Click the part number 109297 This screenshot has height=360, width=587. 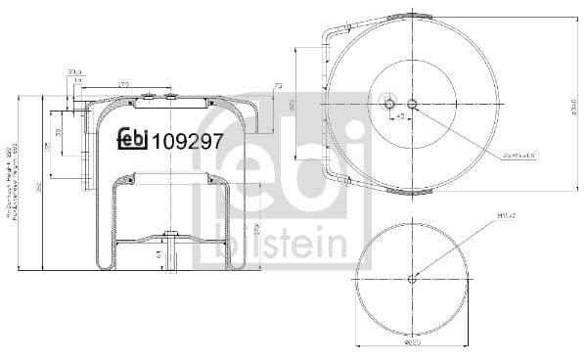coord(188,141)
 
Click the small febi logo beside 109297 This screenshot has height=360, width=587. coord(132,140)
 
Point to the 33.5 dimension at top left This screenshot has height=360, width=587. coord(74,71)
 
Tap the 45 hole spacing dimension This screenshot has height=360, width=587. coord(400,116)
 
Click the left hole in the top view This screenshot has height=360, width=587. coord(389,104)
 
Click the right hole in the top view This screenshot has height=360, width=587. coord(412,104)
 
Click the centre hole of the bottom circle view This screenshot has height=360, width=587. coord(411,278)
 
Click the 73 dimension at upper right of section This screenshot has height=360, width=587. coord(279,87)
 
